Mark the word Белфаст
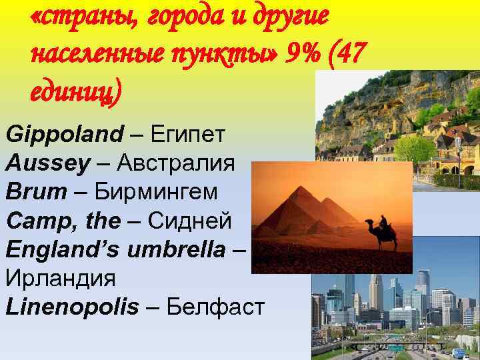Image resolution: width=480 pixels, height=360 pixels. tap(215, 307)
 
